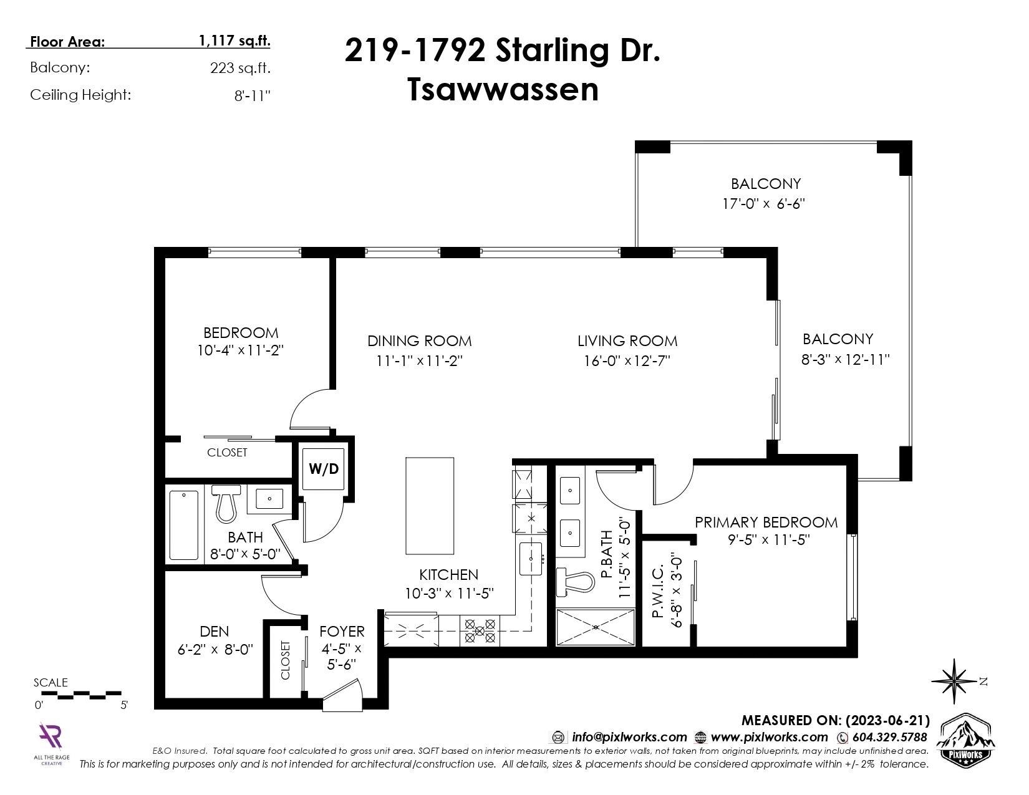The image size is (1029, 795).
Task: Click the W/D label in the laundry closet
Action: tap(324, 469)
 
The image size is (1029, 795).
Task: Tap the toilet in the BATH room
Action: tap(226, 503)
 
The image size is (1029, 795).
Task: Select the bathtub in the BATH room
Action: tap(183, 526)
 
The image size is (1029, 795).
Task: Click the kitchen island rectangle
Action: tap(430, 506)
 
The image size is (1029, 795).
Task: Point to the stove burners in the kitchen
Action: tap(479, 631)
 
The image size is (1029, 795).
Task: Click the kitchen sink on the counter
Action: tap(530, 559)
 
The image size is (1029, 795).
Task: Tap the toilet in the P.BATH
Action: tap(575, 582)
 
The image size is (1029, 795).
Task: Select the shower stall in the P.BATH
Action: tap(595, 627)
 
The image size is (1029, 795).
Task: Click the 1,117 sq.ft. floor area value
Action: tap(234, 41)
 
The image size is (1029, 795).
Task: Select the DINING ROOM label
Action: tap(420, 341)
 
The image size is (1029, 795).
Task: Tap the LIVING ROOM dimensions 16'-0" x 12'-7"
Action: tap(627, 361)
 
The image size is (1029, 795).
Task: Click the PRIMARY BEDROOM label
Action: tap(766, 523)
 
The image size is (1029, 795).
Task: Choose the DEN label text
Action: tap(215, 631)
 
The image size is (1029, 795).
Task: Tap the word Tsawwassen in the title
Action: tap(503, 90)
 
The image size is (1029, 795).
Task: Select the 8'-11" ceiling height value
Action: tap(253, 95)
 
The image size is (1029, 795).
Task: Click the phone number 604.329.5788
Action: tap(889, 737)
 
